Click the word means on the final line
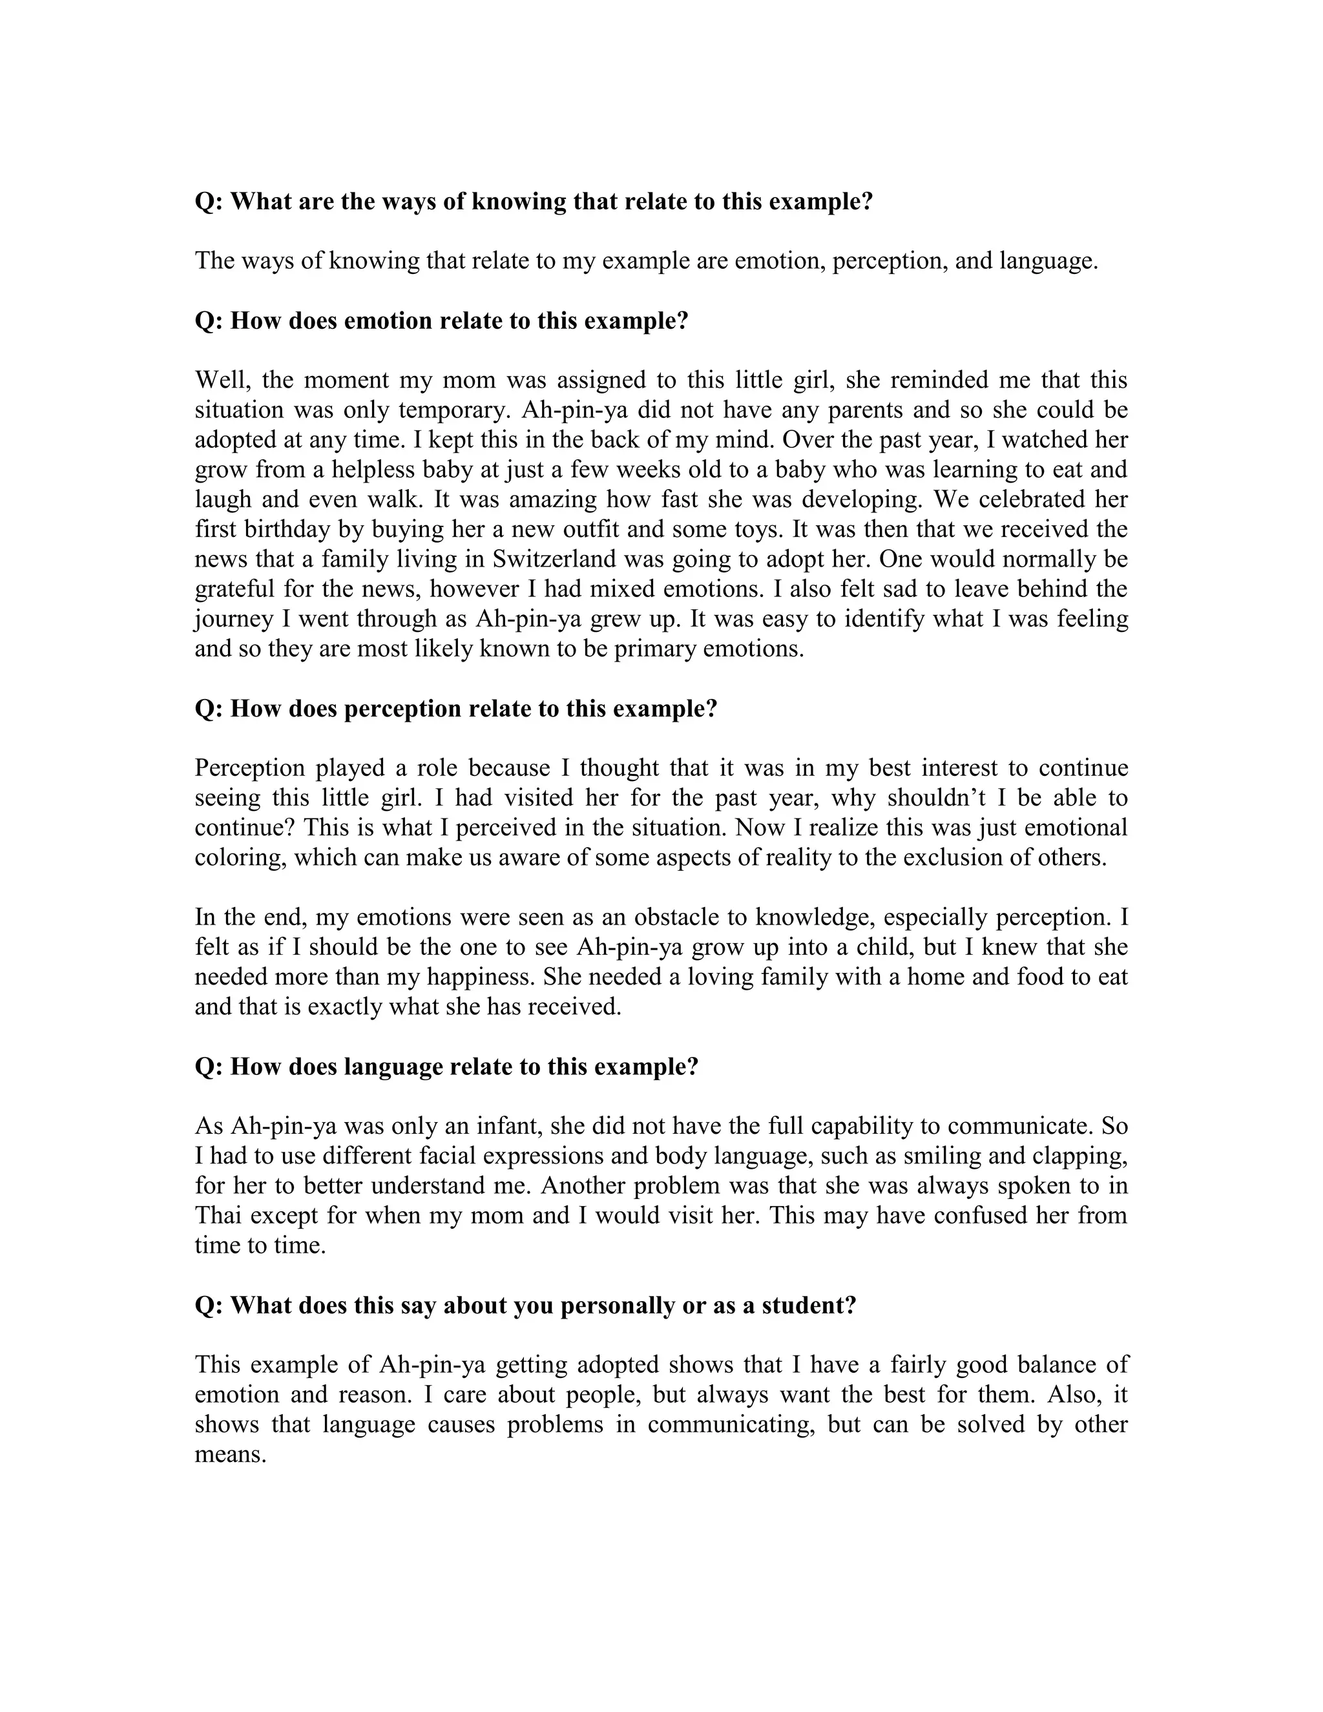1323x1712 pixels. point(228,1454)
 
